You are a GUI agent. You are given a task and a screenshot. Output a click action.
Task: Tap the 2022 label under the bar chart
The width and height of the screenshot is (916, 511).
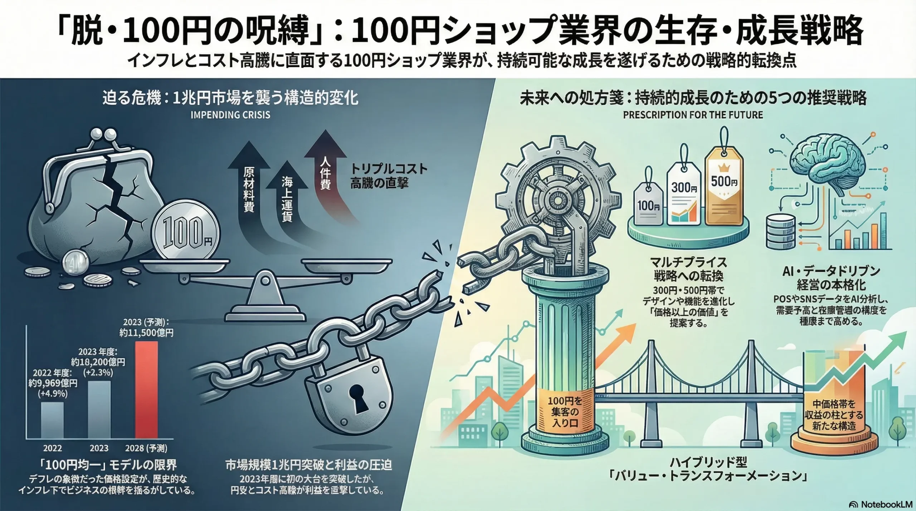(x=53, y=448)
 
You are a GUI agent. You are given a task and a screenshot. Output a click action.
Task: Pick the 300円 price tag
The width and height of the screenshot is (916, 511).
(x=683, y=200)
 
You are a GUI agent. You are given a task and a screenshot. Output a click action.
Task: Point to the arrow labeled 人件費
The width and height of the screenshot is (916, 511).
(x=325, y=172)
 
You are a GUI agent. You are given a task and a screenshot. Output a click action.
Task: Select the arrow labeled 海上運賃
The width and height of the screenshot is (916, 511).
(x=287, y=200)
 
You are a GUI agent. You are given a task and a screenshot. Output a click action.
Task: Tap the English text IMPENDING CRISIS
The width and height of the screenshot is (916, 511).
(x=230, y=115)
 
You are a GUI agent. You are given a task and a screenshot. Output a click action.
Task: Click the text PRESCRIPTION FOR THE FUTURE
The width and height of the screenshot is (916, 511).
(x=693, y=115)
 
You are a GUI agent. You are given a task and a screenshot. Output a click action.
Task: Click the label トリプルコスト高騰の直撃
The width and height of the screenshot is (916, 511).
(x=388, y=176)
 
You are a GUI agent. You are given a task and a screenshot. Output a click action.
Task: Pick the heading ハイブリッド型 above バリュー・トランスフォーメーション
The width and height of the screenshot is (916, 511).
(x=704, y=463)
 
